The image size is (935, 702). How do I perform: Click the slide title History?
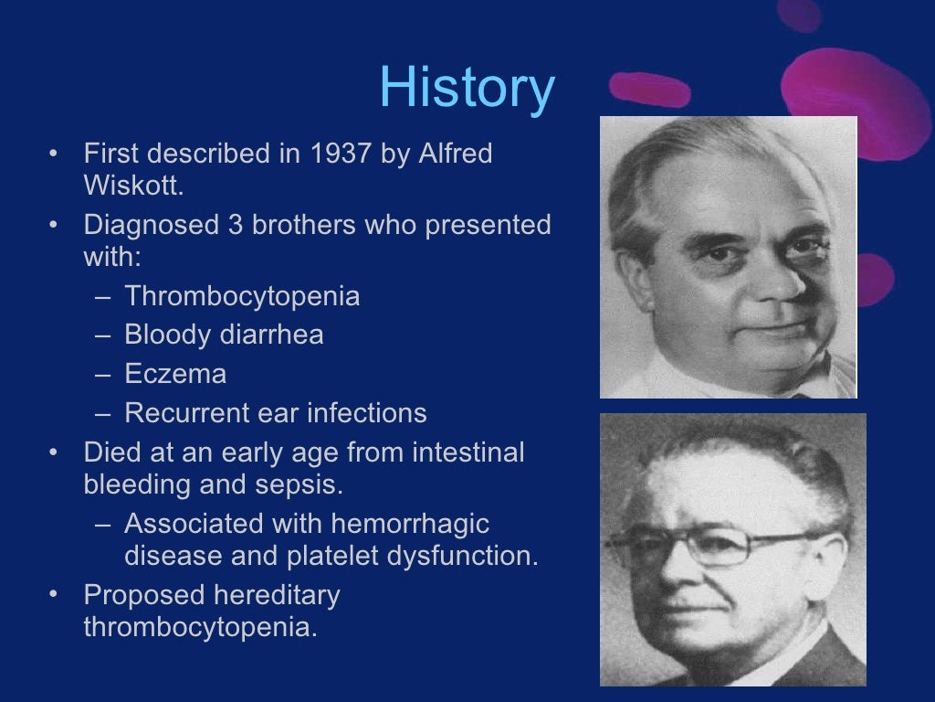point(467,89)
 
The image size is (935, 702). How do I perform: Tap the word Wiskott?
point(131,186)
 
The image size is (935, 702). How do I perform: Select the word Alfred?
point(455,154)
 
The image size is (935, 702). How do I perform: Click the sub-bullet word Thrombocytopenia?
point(242,296)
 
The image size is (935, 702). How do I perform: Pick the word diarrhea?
point(272,335)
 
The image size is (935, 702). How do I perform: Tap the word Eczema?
point(175,374)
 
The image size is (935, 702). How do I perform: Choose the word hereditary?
point(277,595)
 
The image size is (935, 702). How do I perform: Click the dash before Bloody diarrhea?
point(104,335)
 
